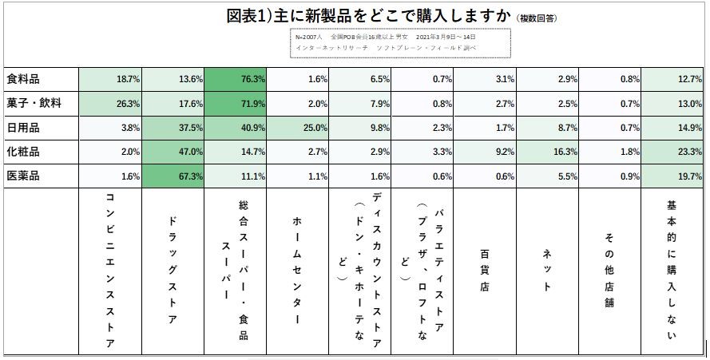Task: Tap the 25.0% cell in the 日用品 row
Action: (x=296, y=128)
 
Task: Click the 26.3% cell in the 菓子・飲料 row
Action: (x=110, y=104)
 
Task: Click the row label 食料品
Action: (x=23, y=80)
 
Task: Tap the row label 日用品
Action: (x=23, y=128)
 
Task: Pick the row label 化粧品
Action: (x=23, y=152)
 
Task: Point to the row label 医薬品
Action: (x=23, y=176)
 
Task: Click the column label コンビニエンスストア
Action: (x=110, y=271)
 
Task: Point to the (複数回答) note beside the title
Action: (x=537, y=18)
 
